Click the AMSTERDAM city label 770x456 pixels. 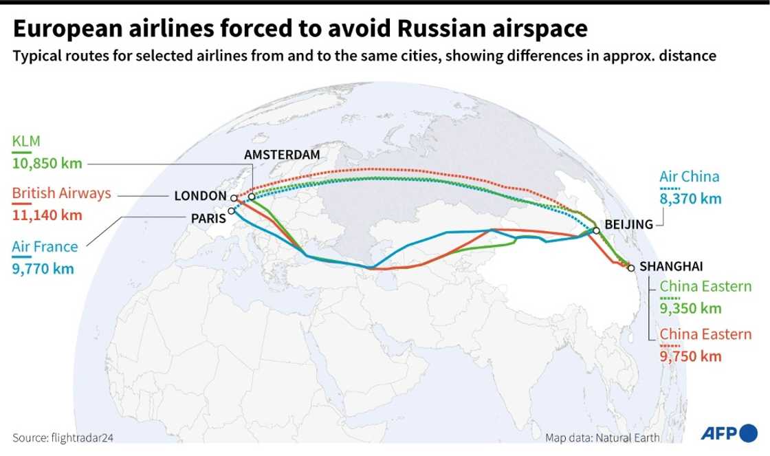(282, 155)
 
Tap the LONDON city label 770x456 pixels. (200, 196)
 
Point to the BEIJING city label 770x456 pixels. (628, 225)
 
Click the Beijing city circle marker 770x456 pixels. (596, 231)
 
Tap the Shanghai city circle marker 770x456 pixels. (631, 268)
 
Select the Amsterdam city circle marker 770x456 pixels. (252, 197)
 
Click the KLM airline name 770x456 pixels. (26, 142)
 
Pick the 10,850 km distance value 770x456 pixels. (47, 164)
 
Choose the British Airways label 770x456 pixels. (62, 194)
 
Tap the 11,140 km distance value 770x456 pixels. (47, 215)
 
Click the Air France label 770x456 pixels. (45, 247)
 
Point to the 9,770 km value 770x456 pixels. (43, 268)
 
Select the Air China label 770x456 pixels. (690, 177)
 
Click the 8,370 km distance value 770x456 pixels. (690, 199)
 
